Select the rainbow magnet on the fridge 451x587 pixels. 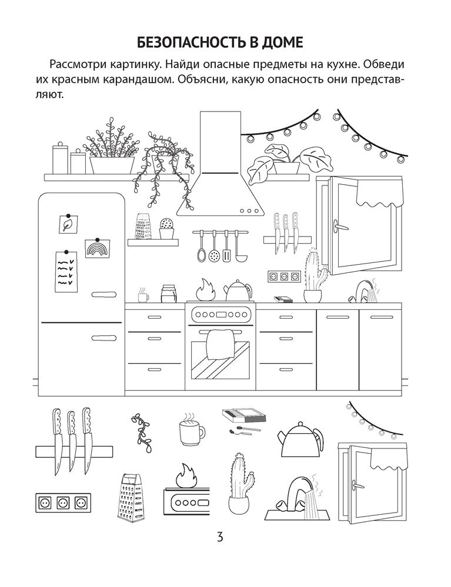(95, 248)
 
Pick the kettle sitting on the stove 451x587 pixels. (238, 290)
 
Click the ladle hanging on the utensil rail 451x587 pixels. (239, 247)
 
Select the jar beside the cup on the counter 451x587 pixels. (168, 294)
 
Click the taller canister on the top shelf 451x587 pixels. (60, 158)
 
